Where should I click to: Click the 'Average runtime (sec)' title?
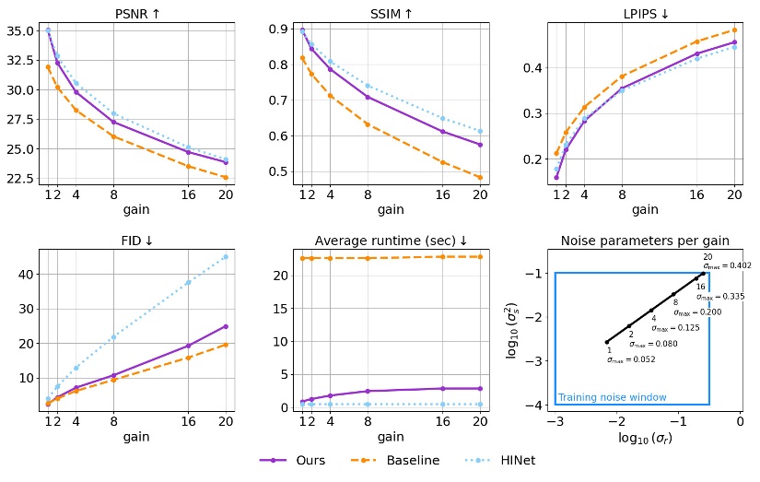[x=390, y=241]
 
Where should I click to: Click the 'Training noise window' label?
[x=612, y=397]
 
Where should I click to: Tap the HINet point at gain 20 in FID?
[x=225, y=257]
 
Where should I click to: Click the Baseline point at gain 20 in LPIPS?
[x=734, y=29]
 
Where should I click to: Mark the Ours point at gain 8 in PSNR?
[x=113, y=122]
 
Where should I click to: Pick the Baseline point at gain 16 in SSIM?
[x=442, y=162]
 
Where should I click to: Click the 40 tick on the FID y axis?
[x=29, y=274]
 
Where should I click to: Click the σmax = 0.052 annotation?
[x=625, y=360]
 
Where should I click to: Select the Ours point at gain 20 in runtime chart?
[x=479, y=388]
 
